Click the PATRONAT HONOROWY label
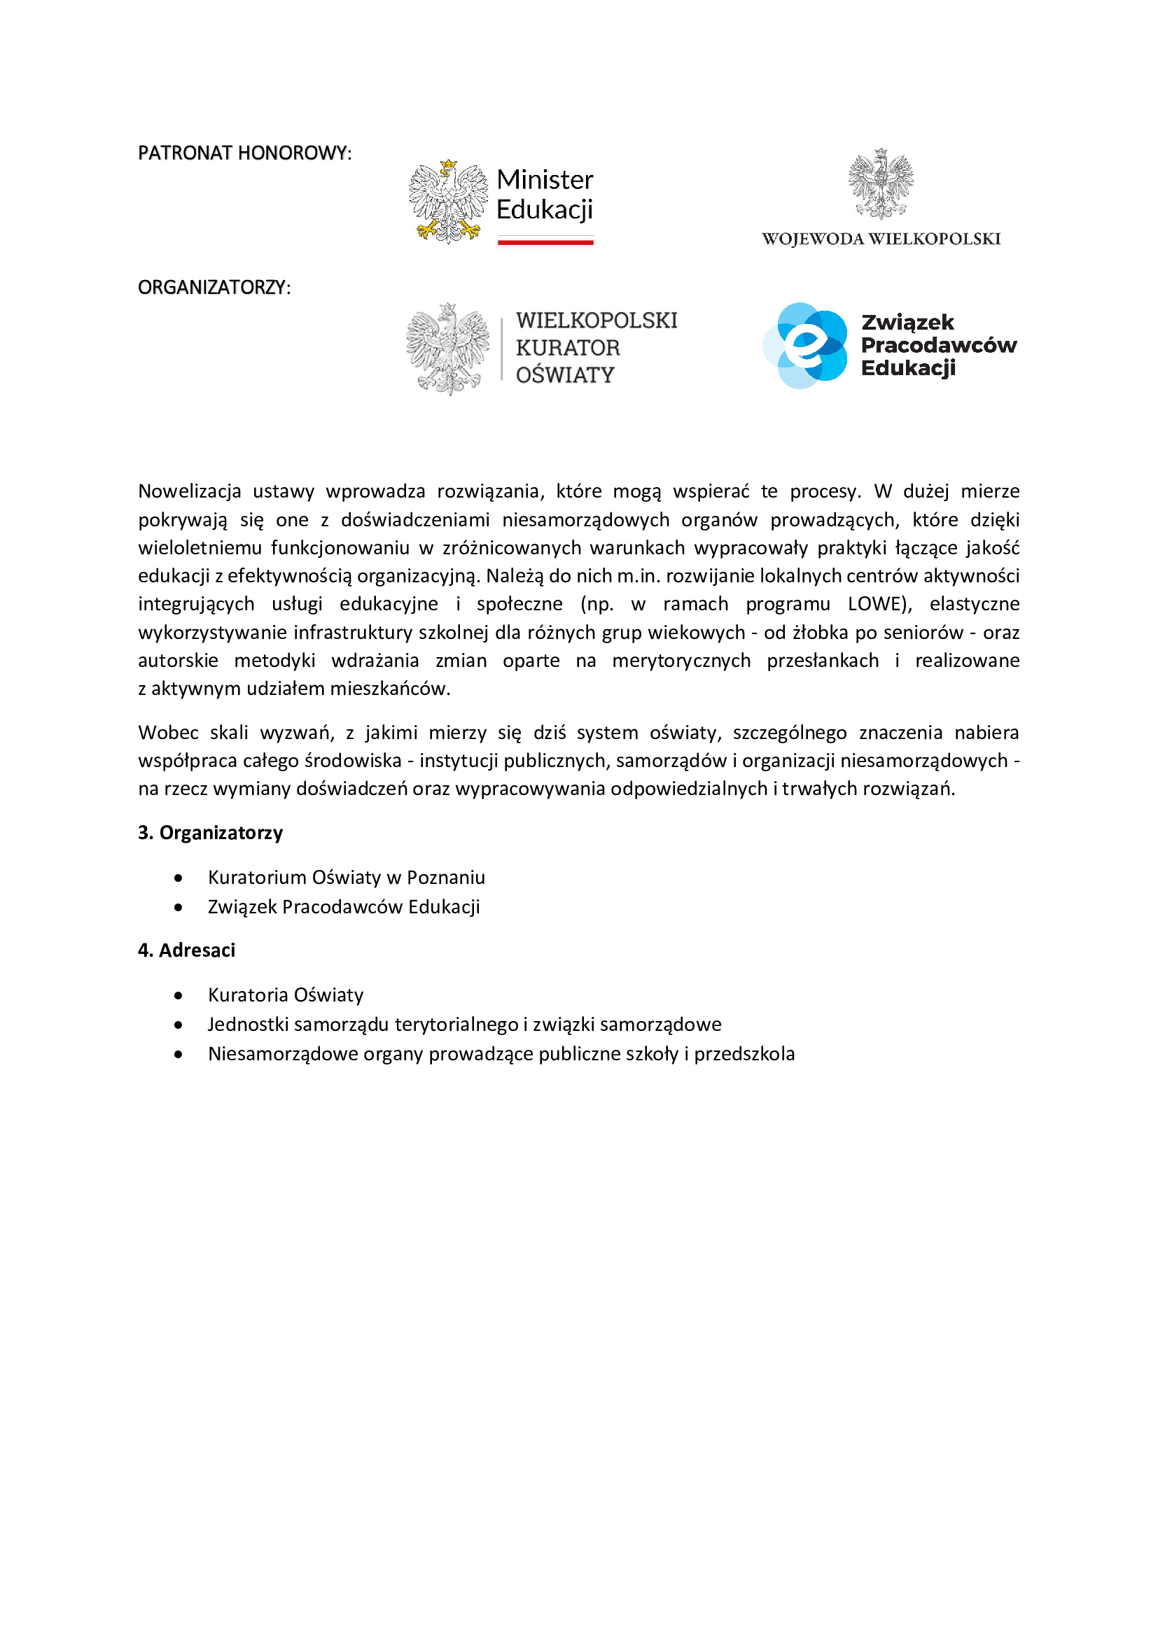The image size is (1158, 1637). tap(244, 153)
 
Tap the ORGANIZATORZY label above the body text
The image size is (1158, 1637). tap(214, 288)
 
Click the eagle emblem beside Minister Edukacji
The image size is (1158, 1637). tap(448, 202)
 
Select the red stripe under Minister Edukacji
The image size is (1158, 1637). tap(545, 242)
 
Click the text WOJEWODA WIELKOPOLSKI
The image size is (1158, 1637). tap(881, 239)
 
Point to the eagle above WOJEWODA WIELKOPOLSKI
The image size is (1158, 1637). tap(881, 183)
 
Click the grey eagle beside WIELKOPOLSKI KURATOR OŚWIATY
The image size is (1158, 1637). tap(448, 349)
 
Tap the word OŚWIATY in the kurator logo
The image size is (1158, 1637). tap(565, 375)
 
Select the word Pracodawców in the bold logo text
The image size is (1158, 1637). tap(938, 345)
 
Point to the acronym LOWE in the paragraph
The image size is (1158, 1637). tap(877, 604)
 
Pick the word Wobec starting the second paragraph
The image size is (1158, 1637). tap(168, 733)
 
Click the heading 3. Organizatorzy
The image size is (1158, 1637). tap(210, 833)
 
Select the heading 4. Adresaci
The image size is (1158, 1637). tap(186, 950)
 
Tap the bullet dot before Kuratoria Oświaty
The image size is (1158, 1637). tap(179, 995)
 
